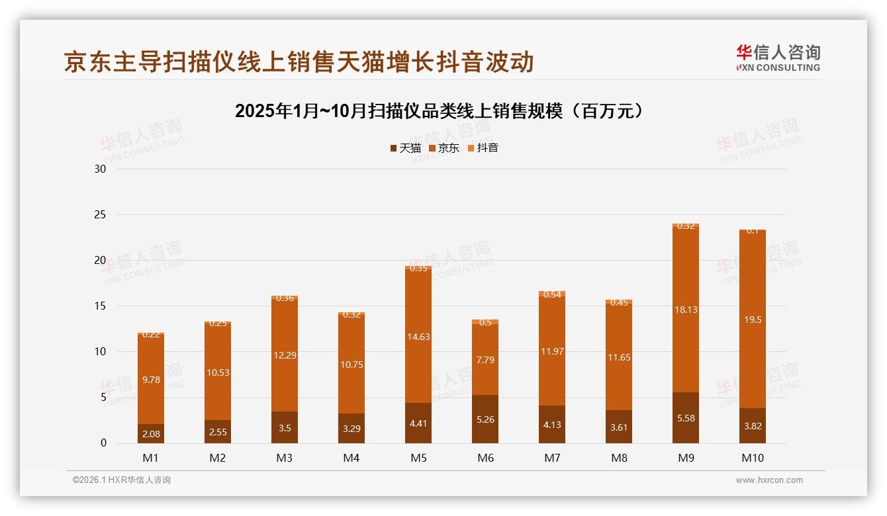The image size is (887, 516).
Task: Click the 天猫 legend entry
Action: pos(405,148)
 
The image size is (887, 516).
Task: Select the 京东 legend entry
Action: pos(443,148)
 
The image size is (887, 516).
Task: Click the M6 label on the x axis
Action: pos(485,458)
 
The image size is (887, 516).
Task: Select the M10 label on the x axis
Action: pos(752,458)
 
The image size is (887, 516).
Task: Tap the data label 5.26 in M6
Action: pos(485,419)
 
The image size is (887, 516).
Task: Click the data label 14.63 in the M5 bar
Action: pos(418,337)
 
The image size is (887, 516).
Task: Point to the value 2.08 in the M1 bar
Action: pos(151,434)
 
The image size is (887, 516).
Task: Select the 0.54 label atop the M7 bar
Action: pos(552,295)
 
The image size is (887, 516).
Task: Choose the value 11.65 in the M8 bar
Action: pos(619,357)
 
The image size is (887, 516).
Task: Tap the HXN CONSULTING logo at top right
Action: pos(778,58)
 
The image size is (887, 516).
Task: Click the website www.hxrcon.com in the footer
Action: pos(769,480)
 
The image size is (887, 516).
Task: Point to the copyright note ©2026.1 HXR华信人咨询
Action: pos(122,480)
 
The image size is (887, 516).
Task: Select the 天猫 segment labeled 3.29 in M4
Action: pos(351,429)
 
